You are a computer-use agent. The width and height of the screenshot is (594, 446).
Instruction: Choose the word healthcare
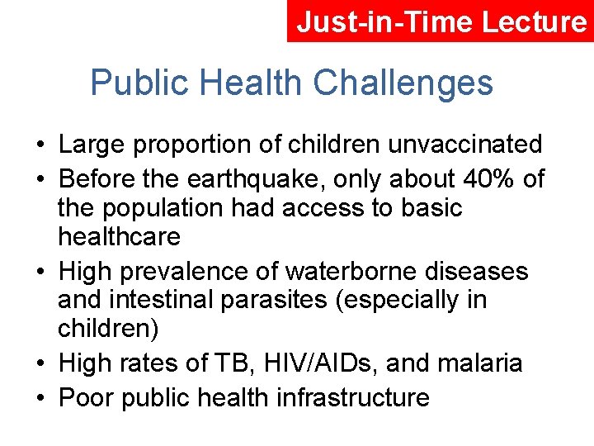tap(119, 237)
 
